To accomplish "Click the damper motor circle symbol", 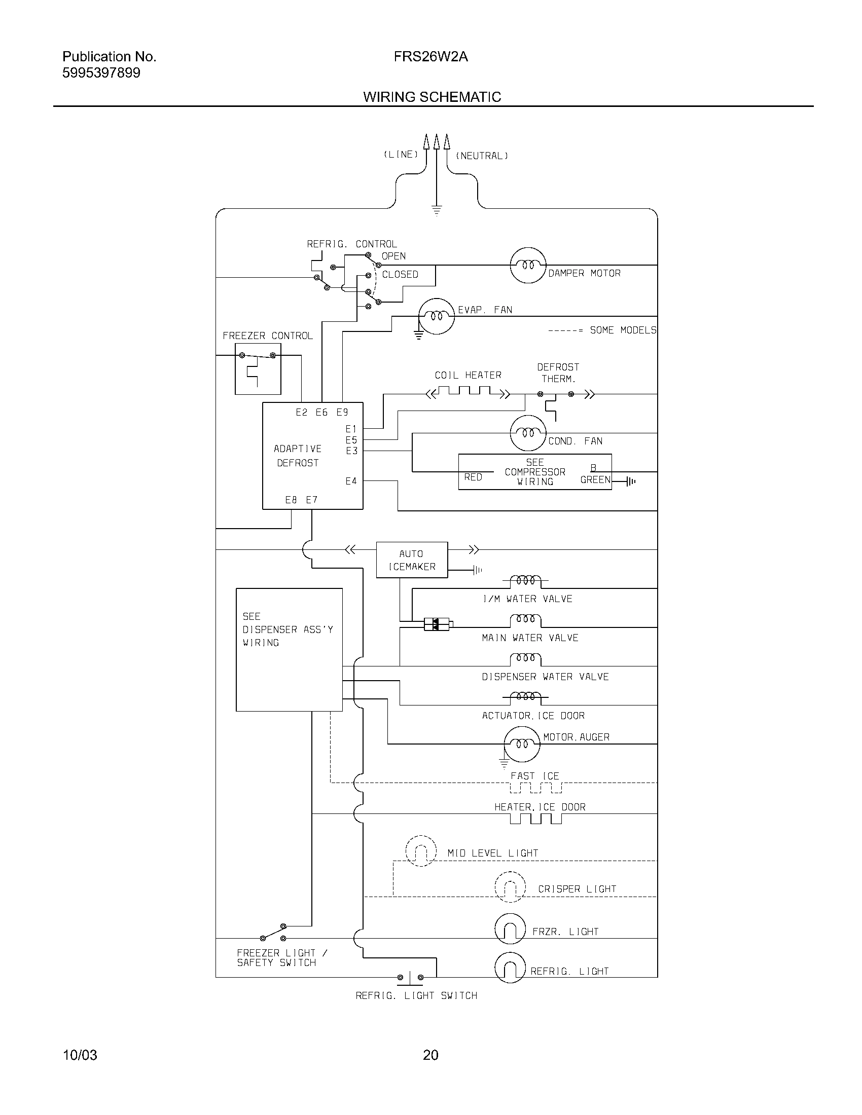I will tap(528, 265).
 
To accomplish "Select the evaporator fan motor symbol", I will tap(436, 316).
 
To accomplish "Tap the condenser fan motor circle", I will tap(528, 433).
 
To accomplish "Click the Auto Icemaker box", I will tap(412, 560).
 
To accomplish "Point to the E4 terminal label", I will tap(351, 481).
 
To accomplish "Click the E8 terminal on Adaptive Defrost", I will tap(291, 500).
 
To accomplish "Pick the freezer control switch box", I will tap(258, 368).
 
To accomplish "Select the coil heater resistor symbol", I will tap(469, 393).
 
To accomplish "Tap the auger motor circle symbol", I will tap(521, 744).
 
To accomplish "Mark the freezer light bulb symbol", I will tap(510, 928).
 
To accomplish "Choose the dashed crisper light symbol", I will tap(510, 886).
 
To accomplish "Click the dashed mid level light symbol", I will tap(421, 851).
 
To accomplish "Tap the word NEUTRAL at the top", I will tap(482, 156).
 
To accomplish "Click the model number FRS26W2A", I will tap(430, 57).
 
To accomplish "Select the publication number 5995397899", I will tap(101, 73).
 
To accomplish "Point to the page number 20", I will tap(430, 1055).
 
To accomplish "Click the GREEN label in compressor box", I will tap(595, 479).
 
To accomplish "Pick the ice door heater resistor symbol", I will tap(535, 819).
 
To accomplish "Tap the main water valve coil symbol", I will tap(525, 620).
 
